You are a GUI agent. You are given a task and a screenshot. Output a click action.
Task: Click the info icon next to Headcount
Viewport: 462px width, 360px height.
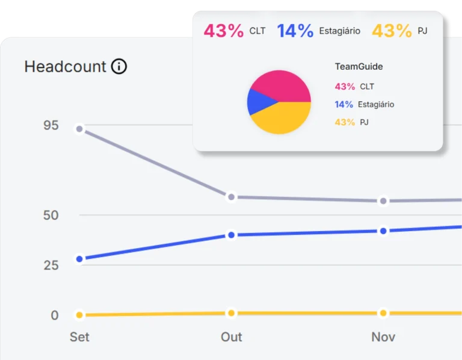pyautogui.click(x=119, y=66)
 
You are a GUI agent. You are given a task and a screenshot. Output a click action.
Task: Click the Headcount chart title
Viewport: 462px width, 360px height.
pyautogui.click(x=65, y=66)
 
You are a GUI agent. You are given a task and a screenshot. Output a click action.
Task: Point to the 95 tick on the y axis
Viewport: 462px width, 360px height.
pyautogui.click(x=51, y=125)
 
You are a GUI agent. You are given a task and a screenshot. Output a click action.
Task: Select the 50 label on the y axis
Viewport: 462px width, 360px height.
pyautogui.click(x=51, y=216)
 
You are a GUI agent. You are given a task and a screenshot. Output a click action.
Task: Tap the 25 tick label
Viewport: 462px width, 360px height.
pyautogui.click(x=51, y=265)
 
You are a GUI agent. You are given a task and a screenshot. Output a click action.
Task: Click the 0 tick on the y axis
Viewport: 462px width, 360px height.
pyautogui.click(x=55, y=315)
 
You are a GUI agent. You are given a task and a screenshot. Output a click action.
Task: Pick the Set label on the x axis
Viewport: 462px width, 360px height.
pyautogui.click(x=79, y=337)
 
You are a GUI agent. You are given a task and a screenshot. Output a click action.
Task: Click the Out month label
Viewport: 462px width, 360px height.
pyautogui.click(x=232, y=337)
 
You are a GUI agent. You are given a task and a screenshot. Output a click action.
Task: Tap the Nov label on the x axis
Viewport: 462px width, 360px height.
pyautogui.click(x=383, y=337)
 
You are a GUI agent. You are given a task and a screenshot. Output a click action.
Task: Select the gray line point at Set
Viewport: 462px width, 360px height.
pyautogui.click(x=79, y=129)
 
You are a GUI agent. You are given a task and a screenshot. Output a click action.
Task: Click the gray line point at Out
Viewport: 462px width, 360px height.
pyautogui.click(x=232, y=197)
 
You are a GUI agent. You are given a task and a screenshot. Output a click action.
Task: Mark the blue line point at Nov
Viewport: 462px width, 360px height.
pyautogui.click(x=383, y=231)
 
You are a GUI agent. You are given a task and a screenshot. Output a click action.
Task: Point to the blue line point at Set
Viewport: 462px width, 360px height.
pyautogui.click(x=79, y=259)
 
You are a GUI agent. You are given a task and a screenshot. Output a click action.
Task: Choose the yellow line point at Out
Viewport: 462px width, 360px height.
pyautogui.click(x=232, y=313)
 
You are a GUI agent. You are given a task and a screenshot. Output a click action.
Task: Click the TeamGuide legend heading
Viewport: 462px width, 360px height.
pyautogui.click(x=359, y=67)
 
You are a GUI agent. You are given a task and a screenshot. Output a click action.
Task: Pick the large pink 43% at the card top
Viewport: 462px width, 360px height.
pyautogui.click(x=224, y=31)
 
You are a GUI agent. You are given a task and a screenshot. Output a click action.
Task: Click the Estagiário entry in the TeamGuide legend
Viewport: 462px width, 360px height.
pyautogui.click(x=365, y=104)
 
